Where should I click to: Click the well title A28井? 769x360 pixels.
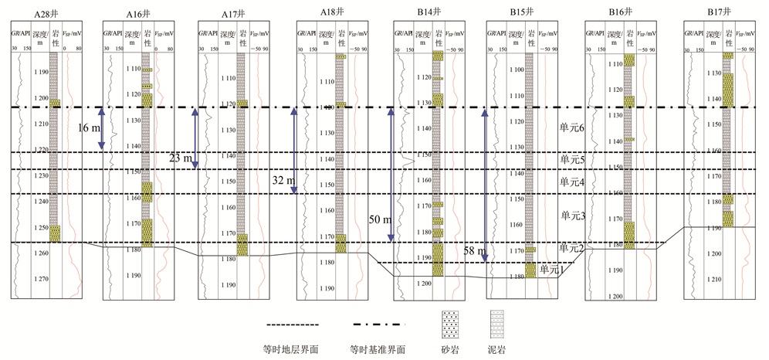[46, 13]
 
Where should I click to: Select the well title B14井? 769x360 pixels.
[428, 13]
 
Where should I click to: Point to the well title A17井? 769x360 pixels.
[236, 13]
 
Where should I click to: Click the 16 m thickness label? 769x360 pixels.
[88, 129]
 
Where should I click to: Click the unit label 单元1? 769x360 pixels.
[553, 269]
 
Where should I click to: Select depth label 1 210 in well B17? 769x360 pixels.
[713, 279]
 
